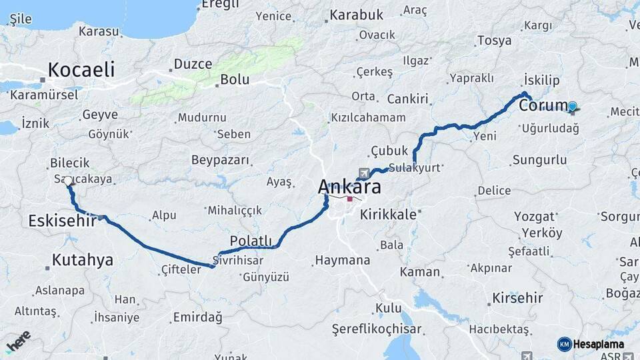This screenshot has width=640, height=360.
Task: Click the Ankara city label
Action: (349, 187)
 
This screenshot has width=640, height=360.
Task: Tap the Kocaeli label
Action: (81, 69)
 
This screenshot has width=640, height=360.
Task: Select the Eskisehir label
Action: (63, 221)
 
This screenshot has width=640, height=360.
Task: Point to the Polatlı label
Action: (251, 241)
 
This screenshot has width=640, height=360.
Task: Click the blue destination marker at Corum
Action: (572, 106)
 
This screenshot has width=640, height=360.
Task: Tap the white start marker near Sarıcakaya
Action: (68, 181)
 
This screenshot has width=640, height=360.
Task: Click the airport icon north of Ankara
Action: (363, 171)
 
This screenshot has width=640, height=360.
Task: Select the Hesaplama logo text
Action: (599, 344)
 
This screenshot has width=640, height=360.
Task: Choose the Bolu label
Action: (235, 79)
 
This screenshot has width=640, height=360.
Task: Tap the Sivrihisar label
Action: (238, 260)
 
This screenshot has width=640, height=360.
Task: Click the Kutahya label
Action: (83, 260)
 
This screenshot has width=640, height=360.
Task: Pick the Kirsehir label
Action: (517, 298)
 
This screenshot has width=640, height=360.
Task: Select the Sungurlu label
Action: (540, 160)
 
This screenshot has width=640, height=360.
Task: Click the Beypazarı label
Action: (220, 160)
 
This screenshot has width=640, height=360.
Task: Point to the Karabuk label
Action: (357, 14)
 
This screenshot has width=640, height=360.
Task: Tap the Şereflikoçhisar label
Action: (377, 329)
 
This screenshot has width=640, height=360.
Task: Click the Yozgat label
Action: (535, 217)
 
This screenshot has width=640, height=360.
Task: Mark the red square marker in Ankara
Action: (349, 199)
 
